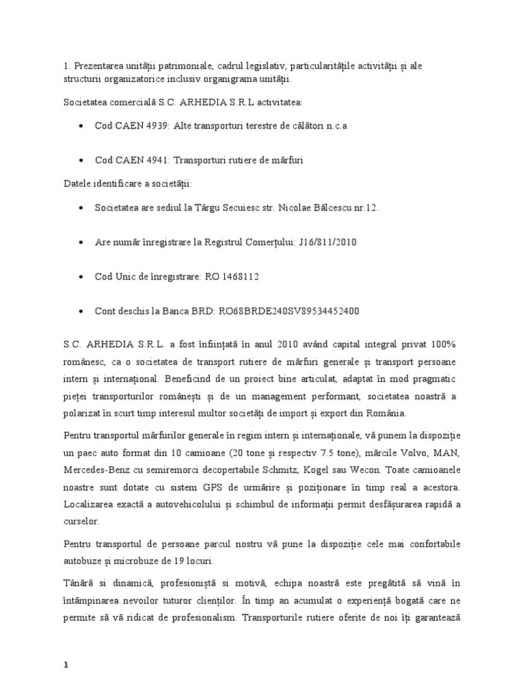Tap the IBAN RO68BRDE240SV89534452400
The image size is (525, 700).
[x=289, y=311]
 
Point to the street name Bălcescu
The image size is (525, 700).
[x=326, y=207]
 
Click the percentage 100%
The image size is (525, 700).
[x=442, y=342]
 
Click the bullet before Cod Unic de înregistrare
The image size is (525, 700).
[x=82, y=277]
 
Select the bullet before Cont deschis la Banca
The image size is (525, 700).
[x=82, y=311]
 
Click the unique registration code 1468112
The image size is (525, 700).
[x=239, y=277]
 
